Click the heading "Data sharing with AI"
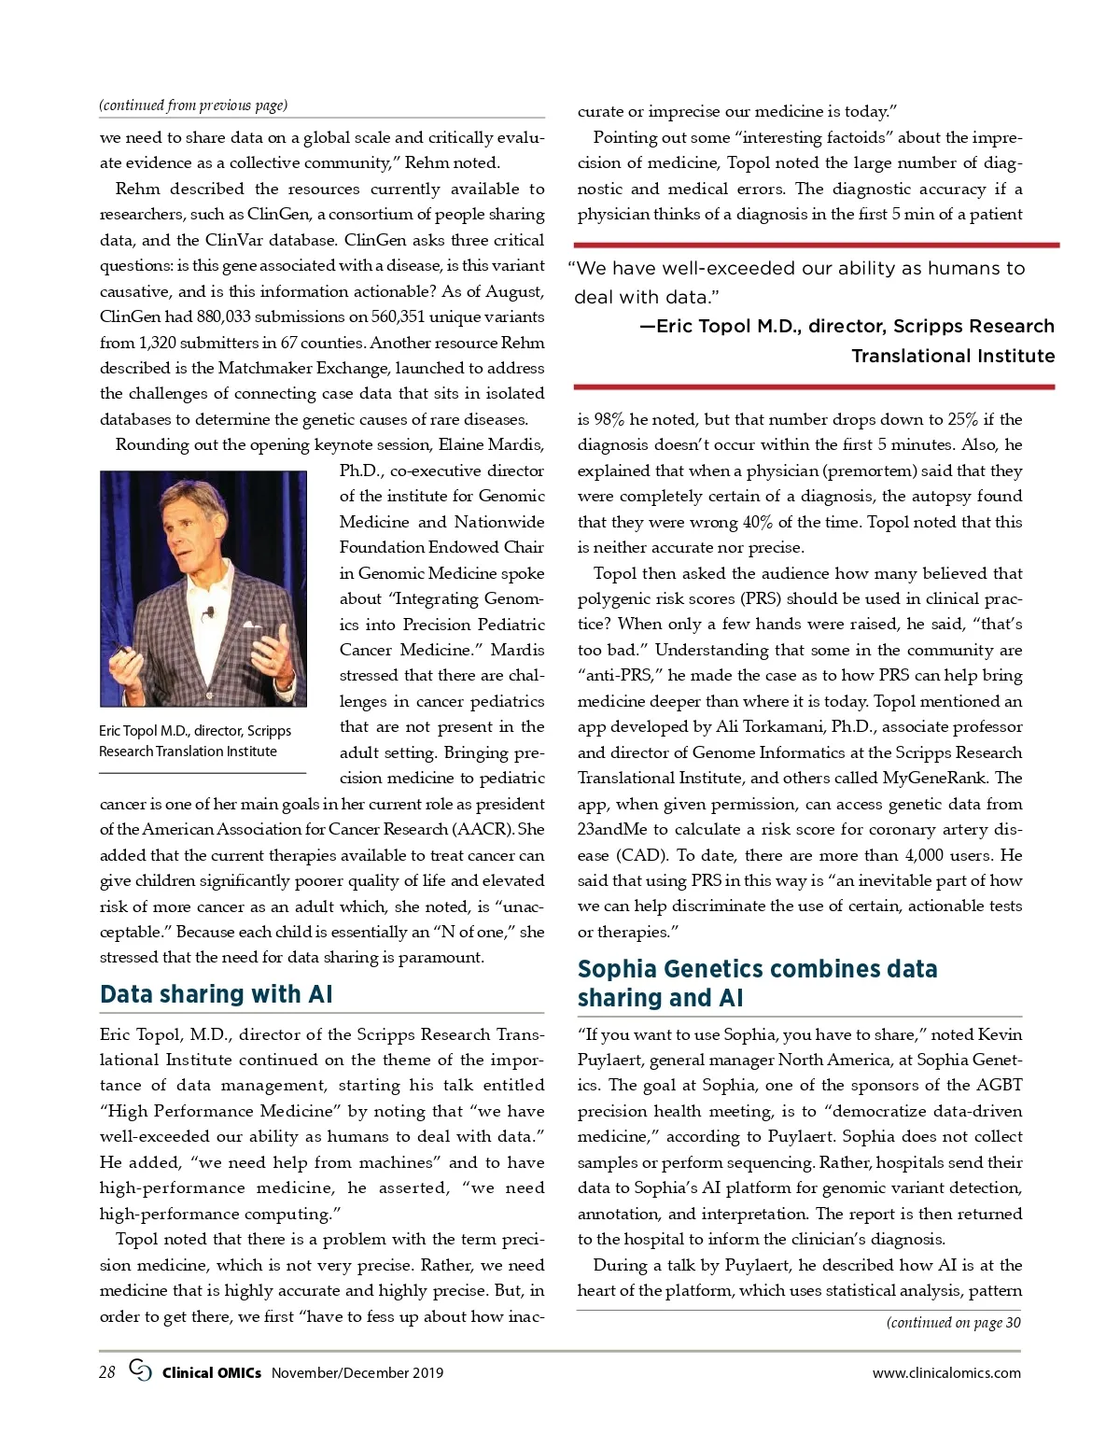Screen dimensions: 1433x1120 coord(216,994)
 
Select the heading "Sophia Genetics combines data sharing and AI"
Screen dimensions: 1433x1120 coord(757,983)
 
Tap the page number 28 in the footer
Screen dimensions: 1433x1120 coord(107,1372)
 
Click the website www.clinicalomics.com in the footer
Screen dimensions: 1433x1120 coord(946,1373)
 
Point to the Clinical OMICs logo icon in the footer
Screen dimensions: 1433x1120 coord(140,1371)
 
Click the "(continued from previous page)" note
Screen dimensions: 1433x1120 coord(193,105)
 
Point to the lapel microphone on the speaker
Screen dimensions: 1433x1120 coord(210,612)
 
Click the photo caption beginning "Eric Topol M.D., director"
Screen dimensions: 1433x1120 coord(194,741)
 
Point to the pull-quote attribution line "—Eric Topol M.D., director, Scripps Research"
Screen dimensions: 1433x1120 coord(847,326)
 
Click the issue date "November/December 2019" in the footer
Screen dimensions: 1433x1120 coord(357,1373)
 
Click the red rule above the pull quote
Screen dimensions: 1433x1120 coord(818,246)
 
